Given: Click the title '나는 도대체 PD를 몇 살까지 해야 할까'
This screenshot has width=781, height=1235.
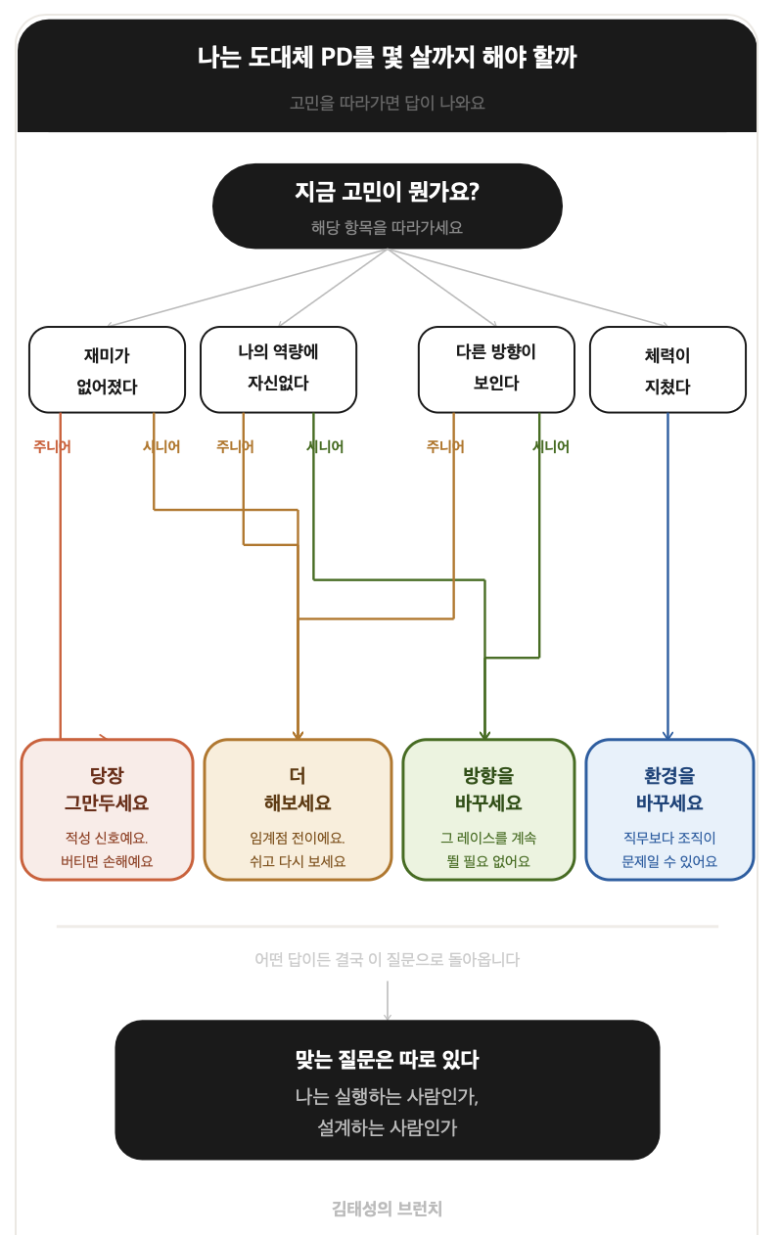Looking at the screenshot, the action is tap(388, 58).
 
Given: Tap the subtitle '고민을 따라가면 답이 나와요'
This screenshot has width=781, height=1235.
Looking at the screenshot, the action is tap(388, 103).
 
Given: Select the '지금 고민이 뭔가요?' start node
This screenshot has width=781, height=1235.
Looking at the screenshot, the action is tap(388, 206).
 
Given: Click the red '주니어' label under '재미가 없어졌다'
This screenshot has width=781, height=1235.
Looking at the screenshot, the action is tap(52, 446).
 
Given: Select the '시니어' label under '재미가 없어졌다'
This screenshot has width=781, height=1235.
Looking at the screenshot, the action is tap(161, 446).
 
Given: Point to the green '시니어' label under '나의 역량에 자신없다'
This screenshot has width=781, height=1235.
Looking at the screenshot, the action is tap(325, 446).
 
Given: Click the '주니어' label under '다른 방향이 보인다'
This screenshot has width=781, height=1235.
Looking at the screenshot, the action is tap(445, 446).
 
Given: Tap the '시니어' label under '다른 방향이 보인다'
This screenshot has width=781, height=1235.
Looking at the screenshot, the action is tap(551, 446).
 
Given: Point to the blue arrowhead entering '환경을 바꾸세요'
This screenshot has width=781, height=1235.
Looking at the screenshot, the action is tap(667, 736).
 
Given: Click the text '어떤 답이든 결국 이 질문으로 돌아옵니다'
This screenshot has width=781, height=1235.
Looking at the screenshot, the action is tap(388, 959).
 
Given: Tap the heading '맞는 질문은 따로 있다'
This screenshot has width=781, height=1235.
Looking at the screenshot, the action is tap(388, 1060).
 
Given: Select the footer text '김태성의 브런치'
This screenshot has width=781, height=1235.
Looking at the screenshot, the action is tap(388, 1210).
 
